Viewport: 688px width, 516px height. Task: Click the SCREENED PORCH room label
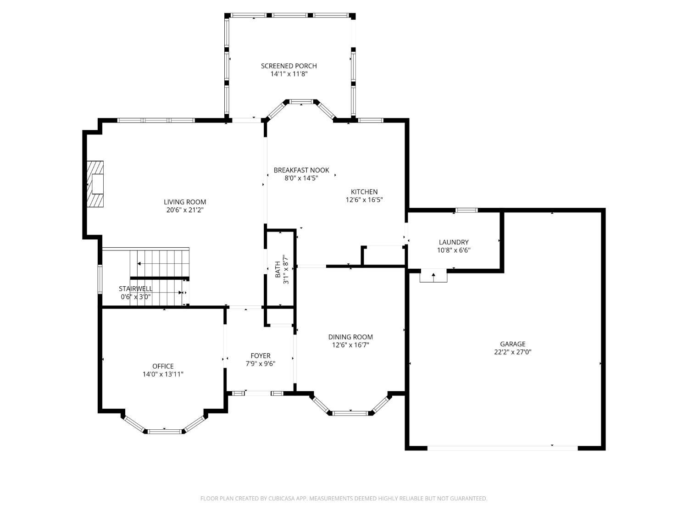click(x=289, y=66)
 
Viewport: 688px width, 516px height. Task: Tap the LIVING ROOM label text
click(x=185, y=202)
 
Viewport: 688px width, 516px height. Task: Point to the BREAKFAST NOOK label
click(x=301, y=170)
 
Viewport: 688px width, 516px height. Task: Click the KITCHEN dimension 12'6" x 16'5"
click(x=364, y=200)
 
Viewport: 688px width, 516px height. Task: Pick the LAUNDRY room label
click(x=454, y=242)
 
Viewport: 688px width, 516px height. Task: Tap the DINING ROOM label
click(x=350, y=337)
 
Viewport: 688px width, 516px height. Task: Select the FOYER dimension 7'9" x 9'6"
click(x=261, y=364)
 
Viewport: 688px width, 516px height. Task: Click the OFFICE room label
click(x=163, y=366)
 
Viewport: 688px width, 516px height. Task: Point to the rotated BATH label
click(x=277, y=269)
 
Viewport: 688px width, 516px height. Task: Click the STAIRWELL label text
click(x=135, y=289)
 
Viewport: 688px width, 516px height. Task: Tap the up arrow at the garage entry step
click(x=433, y=276)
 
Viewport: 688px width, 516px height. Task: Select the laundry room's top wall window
click(x=466, y=210)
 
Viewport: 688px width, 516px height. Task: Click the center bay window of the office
click(x=165, y=432)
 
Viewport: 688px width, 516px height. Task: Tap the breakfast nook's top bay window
click(x=301, y=101)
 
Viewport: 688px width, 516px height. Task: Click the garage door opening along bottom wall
click(x=502, y=448)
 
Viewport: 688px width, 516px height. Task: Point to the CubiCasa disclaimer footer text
click(x=344, y=499)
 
